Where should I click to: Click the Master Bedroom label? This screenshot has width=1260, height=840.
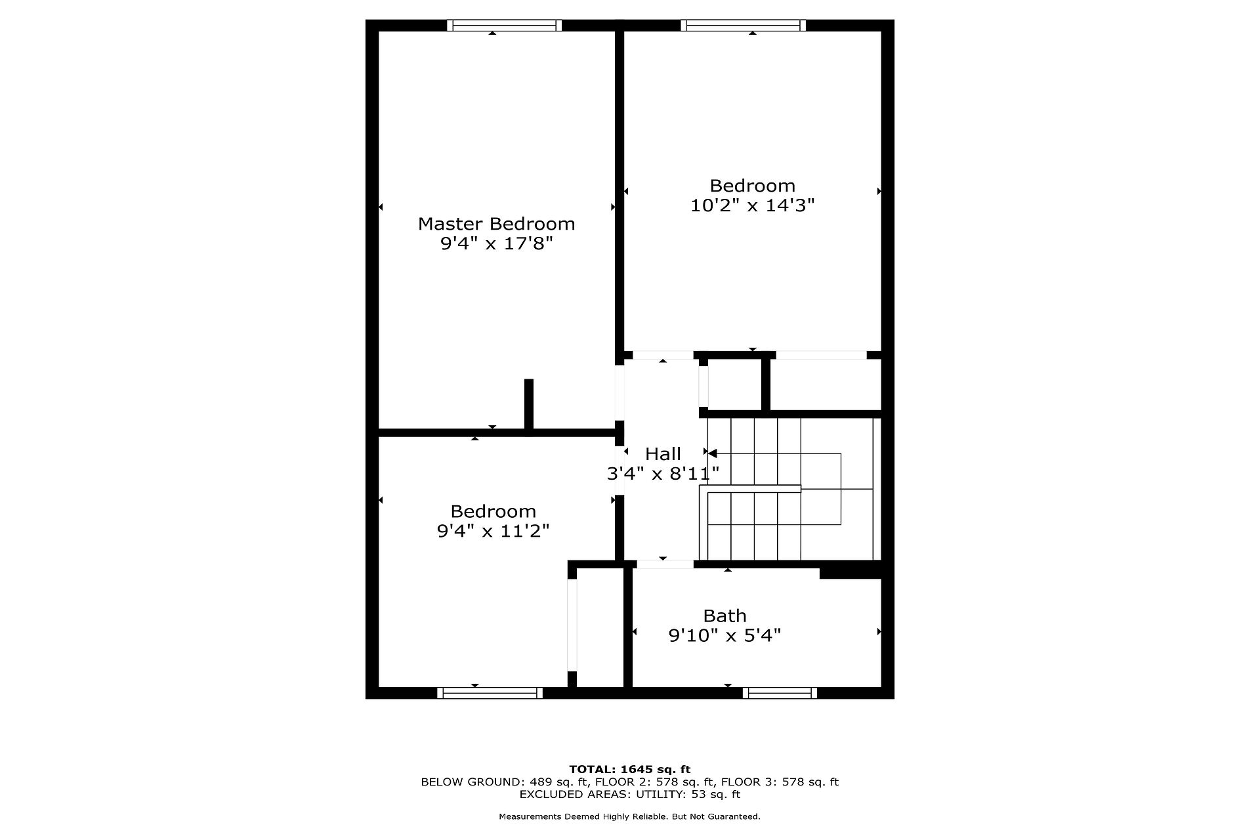496,224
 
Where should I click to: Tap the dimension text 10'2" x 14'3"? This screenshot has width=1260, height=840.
752,205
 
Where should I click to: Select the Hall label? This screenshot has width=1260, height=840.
663,453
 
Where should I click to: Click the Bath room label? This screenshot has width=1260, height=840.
724,616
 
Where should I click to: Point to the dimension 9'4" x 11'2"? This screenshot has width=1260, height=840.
493,530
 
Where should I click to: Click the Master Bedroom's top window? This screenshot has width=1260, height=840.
504,26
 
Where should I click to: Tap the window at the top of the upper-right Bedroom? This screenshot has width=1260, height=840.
743,26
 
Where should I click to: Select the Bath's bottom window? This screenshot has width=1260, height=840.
780,693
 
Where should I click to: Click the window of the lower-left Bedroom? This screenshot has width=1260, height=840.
490,693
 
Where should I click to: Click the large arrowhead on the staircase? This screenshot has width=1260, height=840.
712,453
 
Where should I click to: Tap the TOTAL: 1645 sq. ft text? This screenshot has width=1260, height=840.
629,769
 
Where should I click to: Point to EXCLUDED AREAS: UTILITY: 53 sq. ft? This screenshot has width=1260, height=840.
629,794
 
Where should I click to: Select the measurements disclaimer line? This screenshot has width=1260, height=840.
629,816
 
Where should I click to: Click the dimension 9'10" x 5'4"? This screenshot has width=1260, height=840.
724,635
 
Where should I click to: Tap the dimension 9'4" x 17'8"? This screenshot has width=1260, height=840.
496,243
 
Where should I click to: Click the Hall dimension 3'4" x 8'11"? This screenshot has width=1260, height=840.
663,473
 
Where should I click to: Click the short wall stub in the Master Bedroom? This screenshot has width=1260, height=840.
529,404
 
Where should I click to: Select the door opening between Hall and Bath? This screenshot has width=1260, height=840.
665,564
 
